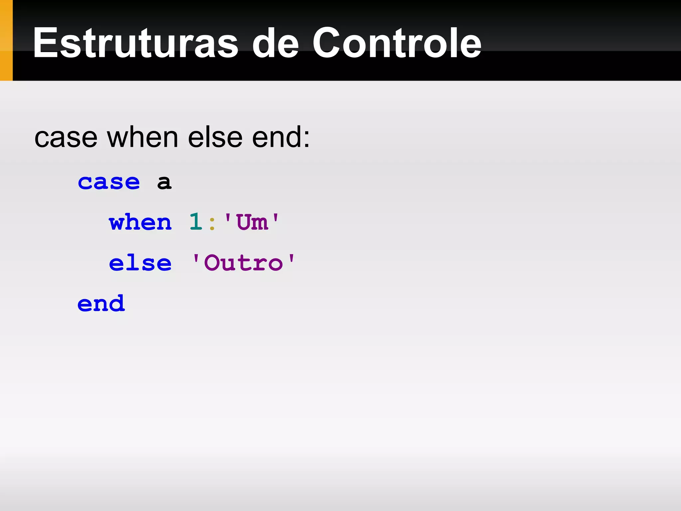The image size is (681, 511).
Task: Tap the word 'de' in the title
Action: (275, 43)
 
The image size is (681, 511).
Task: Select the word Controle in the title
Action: (397, 43)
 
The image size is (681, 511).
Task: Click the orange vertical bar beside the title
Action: (6, 40)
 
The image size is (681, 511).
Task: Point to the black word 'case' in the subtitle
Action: (66, 138)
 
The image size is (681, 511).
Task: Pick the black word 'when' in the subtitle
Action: (143, 138)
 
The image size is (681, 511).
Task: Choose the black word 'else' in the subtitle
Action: (215, 138)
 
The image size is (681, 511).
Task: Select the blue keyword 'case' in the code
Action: (109, 182)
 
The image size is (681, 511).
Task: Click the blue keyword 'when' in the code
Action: (140, 222)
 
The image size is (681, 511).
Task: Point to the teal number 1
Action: (196, 222)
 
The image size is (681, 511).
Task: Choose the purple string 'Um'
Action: (252, 222)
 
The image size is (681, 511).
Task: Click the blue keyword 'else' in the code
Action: (140, 263)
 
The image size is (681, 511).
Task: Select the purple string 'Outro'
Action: (243, 263)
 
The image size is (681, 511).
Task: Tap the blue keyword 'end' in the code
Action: (101, 303)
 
